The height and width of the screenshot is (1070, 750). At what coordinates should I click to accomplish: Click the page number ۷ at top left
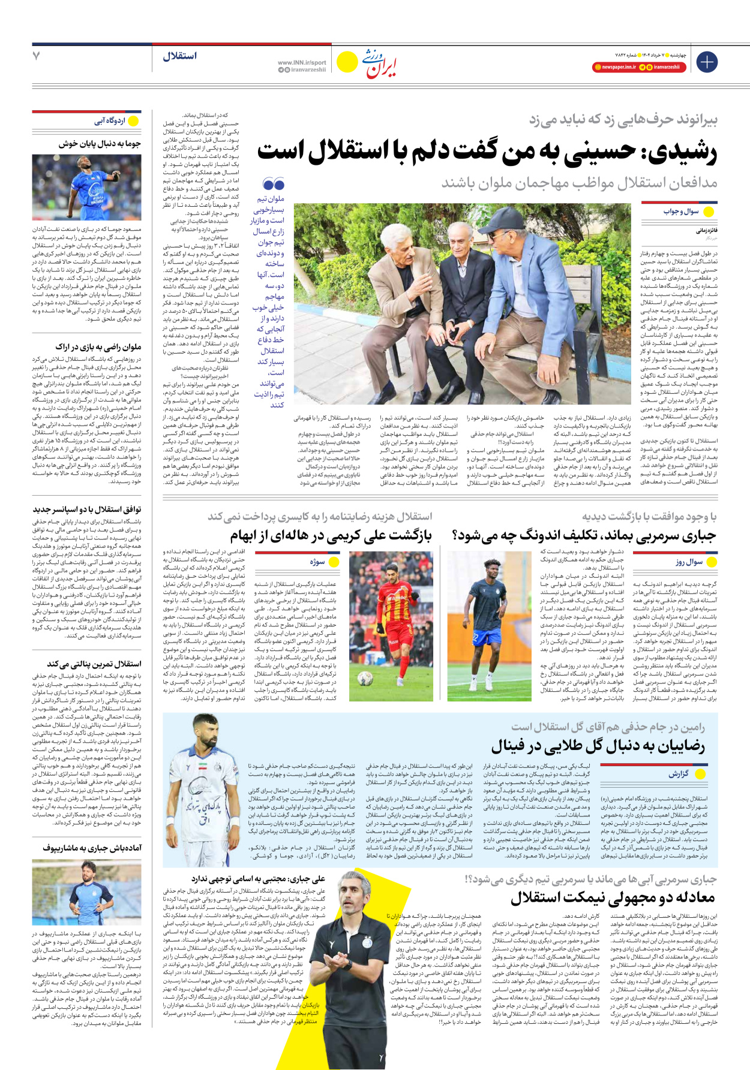(37, 56)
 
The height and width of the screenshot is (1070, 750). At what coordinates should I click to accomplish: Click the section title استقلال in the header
(179, 56)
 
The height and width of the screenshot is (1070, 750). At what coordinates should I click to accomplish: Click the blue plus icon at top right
(707, 62)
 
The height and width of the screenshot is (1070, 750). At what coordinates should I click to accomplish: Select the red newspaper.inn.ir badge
(614, 67)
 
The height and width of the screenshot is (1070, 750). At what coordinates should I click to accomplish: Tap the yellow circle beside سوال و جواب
(709, 212)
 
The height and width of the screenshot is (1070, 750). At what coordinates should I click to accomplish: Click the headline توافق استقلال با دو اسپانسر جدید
(87, 510)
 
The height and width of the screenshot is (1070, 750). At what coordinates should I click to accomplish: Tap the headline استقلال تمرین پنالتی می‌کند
(94, 664)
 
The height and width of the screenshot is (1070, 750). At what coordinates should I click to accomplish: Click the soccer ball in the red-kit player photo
(365, 679)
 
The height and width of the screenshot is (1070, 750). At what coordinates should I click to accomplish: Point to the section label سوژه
(317, 562)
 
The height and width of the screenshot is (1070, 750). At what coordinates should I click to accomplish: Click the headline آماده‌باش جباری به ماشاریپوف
(92, 848)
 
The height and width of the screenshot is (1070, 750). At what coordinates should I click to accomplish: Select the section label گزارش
(679, 774)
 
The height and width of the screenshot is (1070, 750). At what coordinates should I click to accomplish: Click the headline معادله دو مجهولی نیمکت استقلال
(613, 897)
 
